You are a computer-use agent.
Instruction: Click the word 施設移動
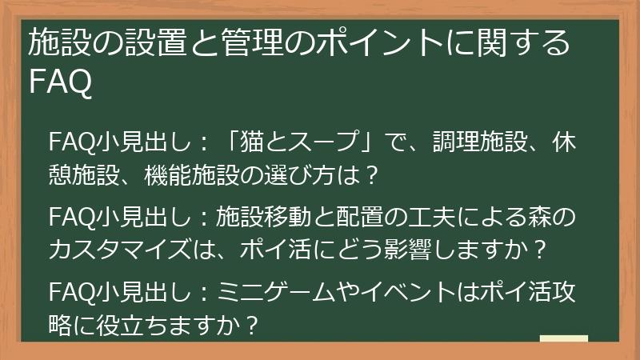tap(261, 218)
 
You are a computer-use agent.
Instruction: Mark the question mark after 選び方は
tap(370, 173)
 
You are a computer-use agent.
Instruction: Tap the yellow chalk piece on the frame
tap(564, 339)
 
